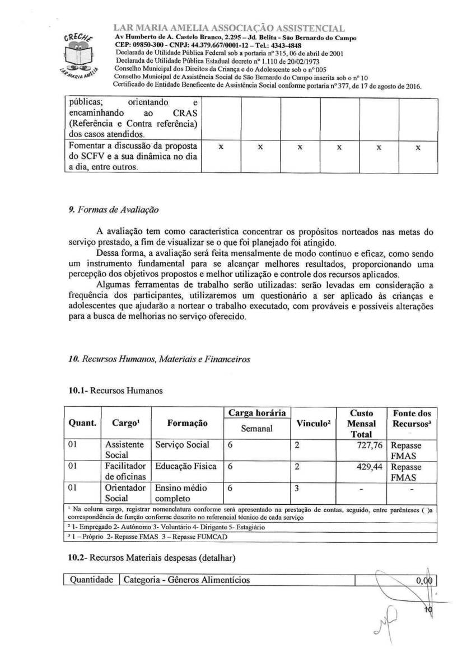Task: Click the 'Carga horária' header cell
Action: click(256, 413)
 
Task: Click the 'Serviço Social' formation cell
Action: click(183, 444)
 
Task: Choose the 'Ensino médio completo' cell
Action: click(180, 492)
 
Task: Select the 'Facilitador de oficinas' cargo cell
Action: click(125, 471)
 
